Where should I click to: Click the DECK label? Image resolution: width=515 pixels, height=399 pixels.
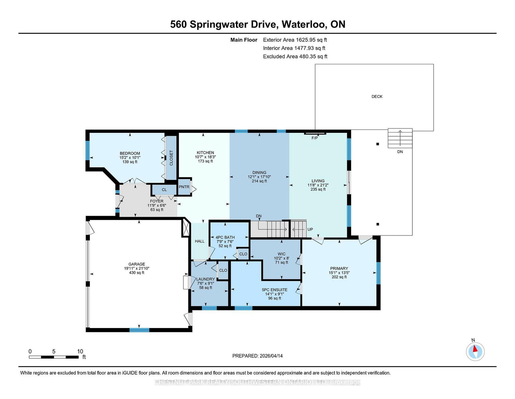(377, 96)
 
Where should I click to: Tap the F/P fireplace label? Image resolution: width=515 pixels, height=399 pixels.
(314, 138)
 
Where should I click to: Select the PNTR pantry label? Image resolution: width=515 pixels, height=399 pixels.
(184, 187)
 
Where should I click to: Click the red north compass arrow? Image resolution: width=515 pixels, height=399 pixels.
(475, 348)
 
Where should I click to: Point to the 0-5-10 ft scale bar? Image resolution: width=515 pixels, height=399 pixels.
(54, 357)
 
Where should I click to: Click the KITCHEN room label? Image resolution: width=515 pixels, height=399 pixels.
(205, 153)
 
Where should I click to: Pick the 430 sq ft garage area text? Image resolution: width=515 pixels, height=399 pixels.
(136, 273)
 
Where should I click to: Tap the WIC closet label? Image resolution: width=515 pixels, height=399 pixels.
(282, 254)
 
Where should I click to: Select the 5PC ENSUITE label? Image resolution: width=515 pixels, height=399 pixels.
(275, 290)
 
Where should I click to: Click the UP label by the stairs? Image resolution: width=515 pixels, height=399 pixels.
(310, 229)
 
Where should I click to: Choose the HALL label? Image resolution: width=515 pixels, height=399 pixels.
(200, 241)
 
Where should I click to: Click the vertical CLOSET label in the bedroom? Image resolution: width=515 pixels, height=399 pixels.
(171, 158)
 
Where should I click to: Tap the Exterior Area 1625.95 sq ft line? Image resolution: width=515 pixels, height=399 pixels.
(295, 40)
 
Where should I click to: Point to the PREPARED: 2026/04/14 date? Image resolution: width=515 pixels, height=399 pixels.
(257, 356)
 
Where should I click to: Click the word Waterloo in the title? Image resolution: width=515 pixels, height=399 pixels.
(303, 24)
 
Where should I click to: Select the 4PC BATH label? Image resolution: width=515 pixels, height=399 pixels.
(225, 237)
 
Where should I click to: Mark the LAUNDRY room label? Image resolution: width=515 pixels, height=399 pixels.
(205, 279)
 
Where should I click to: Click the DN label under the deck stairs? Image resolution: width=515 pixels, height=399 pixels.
(400, 152)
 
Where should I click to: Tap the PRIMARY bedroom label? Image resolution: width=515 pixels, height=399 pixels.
(339, 269)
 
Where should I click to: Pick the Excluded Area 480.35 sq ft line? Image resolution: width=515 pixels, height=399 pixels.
(295, 56)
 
